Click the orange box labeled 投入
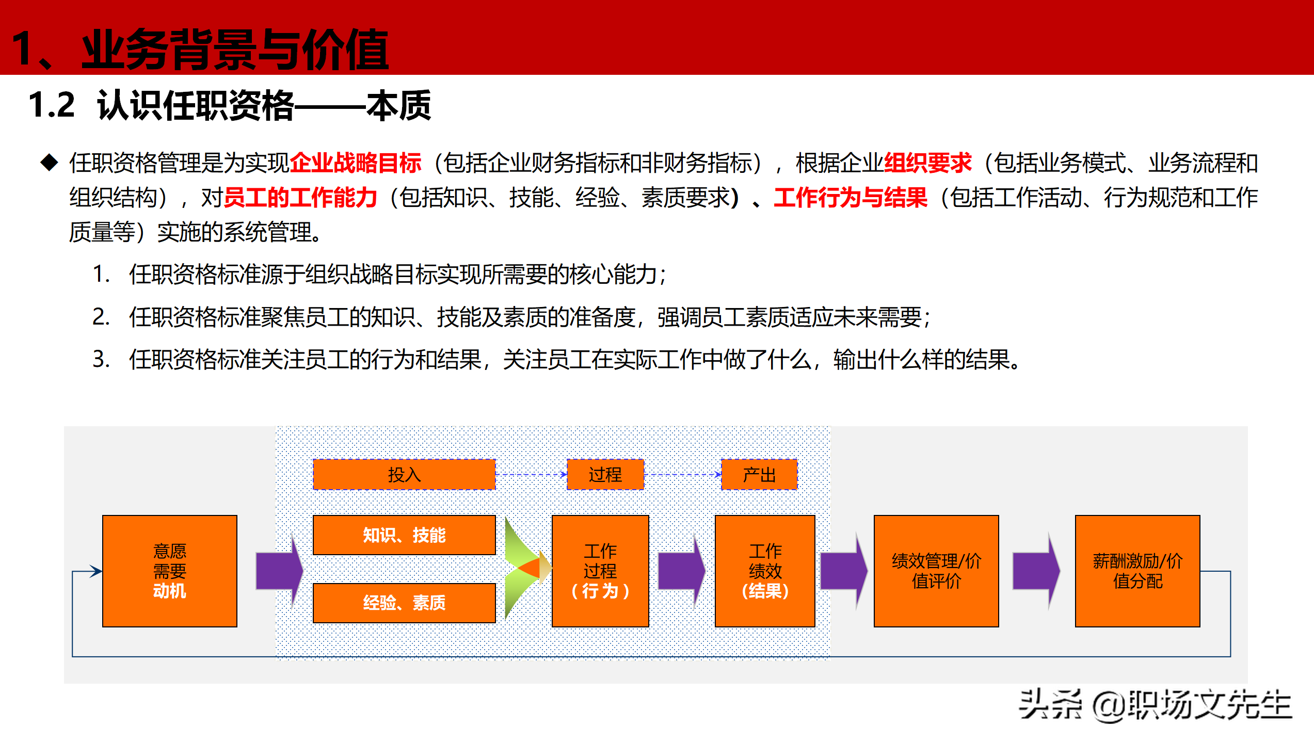404,474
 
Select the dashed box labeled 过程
605,474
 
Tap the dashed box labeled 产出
759,474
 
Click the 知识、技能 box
404,535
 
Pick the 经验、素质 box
404,602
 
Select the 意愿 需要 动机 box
169,571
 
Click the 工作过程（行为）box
600,571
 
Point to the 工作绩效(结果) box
764,571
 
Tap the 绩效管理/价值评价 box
936,571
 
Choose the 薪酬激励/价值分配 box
1137,571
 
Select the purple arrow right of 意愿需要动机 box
279,571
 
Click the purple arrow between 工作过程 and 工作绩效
681,571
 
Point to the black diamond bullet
50,163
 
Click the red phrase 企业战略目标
356,163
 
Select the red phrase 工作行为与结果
850,198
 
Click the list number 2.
101,316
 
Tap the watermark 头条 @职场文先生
1155,705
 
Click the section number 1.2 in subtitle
52,105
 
